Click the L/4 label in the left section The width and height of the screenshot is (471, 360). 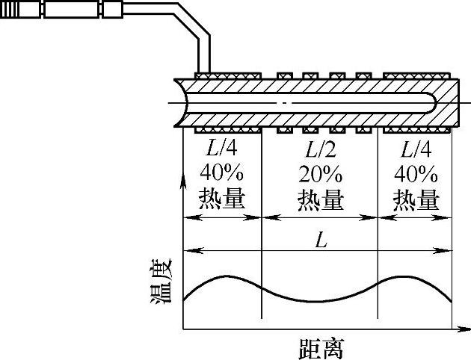pyautogui.click(x=223, y=149)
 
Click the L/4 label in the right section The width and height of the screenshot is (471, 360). pyautogui.click(x=415, y=149)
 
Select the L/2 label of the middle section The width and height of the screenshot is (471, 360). pyautogui.click(x=320, y=149)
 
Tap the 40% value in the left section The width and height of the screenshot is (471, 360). pyautogui.click(x=223, y=174)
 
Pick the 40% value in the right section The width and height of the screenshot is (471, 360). pyautogui.click(x=416, y=174)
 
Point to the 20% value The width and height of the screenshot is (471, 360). pyautogui.click(x=321, y=174)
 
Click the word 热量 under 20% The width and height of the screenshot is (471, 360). pyautogui.click(x=321, y=199)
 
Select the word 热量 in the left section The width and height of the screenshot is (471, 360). pyautogui.click(x=223, y=199)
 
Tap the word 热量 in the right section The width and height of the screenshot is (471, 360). pyautogui.click(x=416, y=199)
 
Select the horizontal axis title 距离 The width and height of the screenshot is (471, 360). pyautogui.click(x=320, y=347)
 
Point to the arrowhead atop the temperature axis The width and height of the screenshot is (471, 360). pyautogui.click(x=183, y=178)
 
